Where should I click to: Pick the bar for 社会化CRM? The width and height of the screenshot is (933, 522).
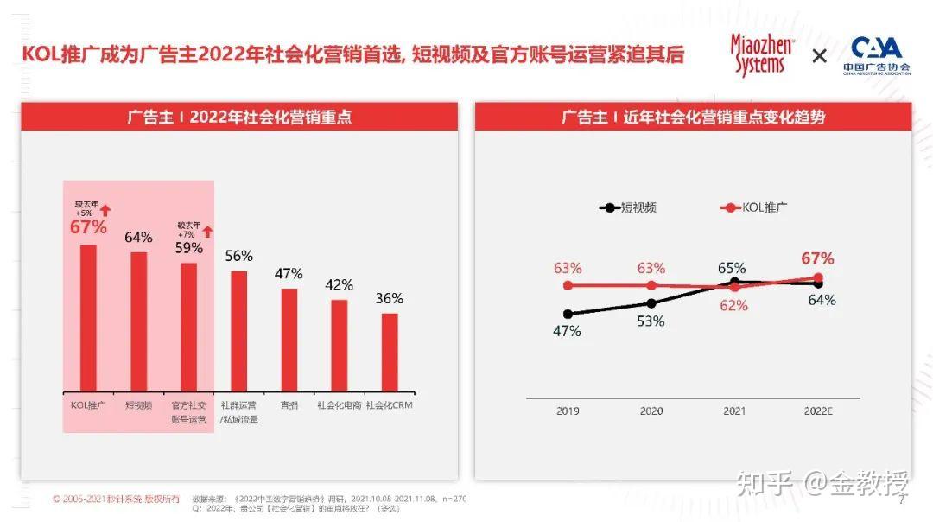tap(390, 353)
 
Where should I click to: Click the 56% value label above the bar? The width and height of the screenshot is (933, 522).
tap(238, 256)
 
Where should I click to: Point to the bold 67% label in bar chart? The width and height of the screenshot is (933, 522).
tap(88, 227)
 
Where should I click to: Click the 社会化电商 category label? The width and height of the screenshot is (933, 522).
tap(340, 404)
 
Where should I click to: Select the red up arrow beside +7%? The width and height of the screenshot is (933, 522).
tap(206, 231)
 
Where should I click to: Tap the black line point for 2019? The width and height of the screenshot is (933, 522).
tap(568, 314)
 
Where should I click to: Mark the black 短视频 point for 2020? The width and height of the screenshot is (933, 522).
tap(651, 303)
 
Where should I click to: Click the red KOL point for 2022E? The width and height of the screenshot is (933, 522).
tap(818, 277)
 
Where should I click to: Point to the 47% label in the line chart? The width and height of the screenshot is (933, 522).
tap(568, 331)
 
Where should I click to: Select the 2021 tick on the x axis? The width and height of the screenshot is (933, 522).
tap(734, 411)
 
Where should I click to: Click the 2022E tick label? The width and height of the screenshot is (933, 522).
tap(817, 411)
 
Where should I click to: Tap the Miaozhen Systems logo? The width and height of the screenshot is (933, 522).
tap(761, 55)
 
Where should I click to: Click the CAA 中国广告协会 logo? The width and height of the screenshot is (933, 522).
tap(876, 55)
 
